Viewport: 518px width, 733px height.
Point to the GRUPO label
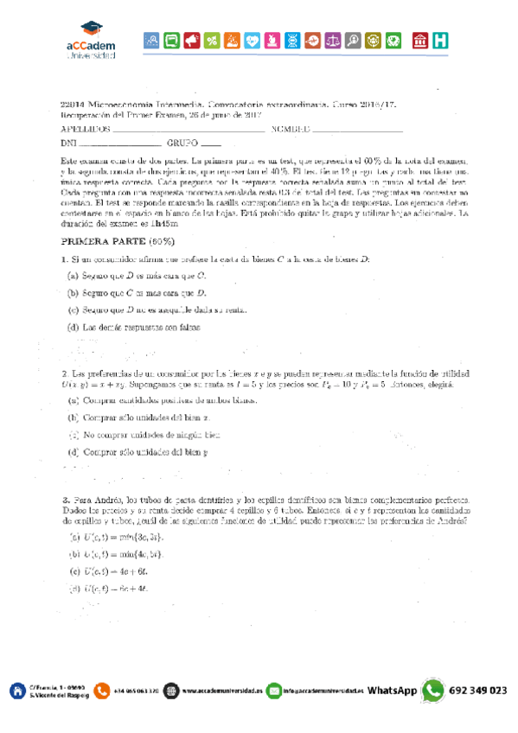pos(182,143)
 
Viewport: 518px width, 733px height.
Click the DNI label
pos(69,143)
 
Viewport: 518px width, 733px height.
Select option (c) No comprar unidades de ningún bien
pos(144,434)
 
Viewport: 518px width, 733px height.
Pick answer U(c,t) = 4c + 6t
pos(109,570)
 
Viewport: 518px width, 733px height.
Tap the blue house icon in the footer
pos(16,691)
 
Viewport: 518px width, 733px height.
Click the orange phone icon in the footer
pos(103,691)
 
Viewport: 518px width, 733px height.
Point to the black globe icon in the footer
pos(170,691)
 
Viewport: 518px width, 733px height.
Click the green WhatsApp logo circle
pos(432,691)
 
